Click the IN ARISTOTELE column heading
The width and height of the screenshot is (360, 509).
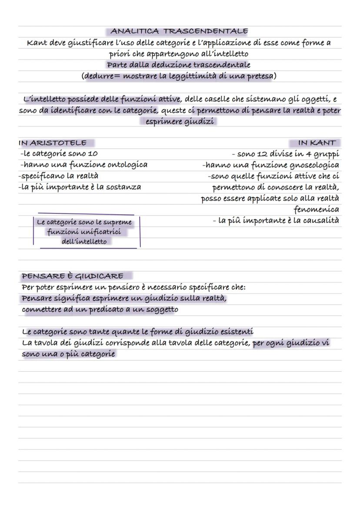[x=53, y=143]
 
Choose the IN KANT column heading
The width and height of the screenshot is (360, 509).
[x=317, y=143]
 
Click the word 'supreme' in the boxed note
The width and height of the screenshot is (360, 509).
[x=117, y=222]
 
